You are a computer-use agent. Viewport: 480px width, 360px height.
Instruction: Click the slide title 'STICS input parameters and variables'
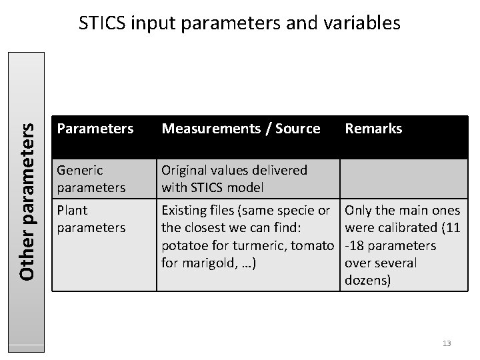pyautogui.click(x=239, y=23)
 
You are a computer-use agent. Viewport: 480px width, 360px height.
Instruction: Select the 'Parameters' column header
pyautogui.click(x=95, y=129)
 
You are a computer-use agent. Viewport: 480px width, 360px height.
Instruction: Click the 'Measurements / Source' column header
pyautogui.click(x=241, y=129)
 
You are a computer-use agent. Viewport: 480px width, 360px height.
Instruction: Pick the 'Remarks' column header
pyautogui.click(x=373, y=129)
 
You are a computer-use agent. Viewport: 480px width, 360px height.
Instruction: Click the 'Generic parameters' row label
pyautogui.click(x=92, y=179)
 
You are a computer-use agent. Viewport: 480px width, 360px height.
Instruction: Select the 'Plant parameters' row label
pyautogui.click(x=92, y=219)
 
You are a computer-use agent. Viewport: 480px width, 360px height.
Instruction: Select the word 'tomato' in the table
pyautogui.click(x=311, y=245)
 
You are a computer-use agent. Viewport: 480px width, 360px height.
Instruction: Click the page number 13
pyautogui.click(x=447, y=343)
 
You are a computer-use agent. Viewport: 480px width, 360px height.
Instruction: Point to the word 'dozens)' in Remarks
pyautogui.click(x=368, y=280)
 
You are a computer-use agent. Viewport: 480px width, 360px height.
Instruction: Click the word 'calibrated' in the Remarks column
pyautogui.click(x=407, y=228)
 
